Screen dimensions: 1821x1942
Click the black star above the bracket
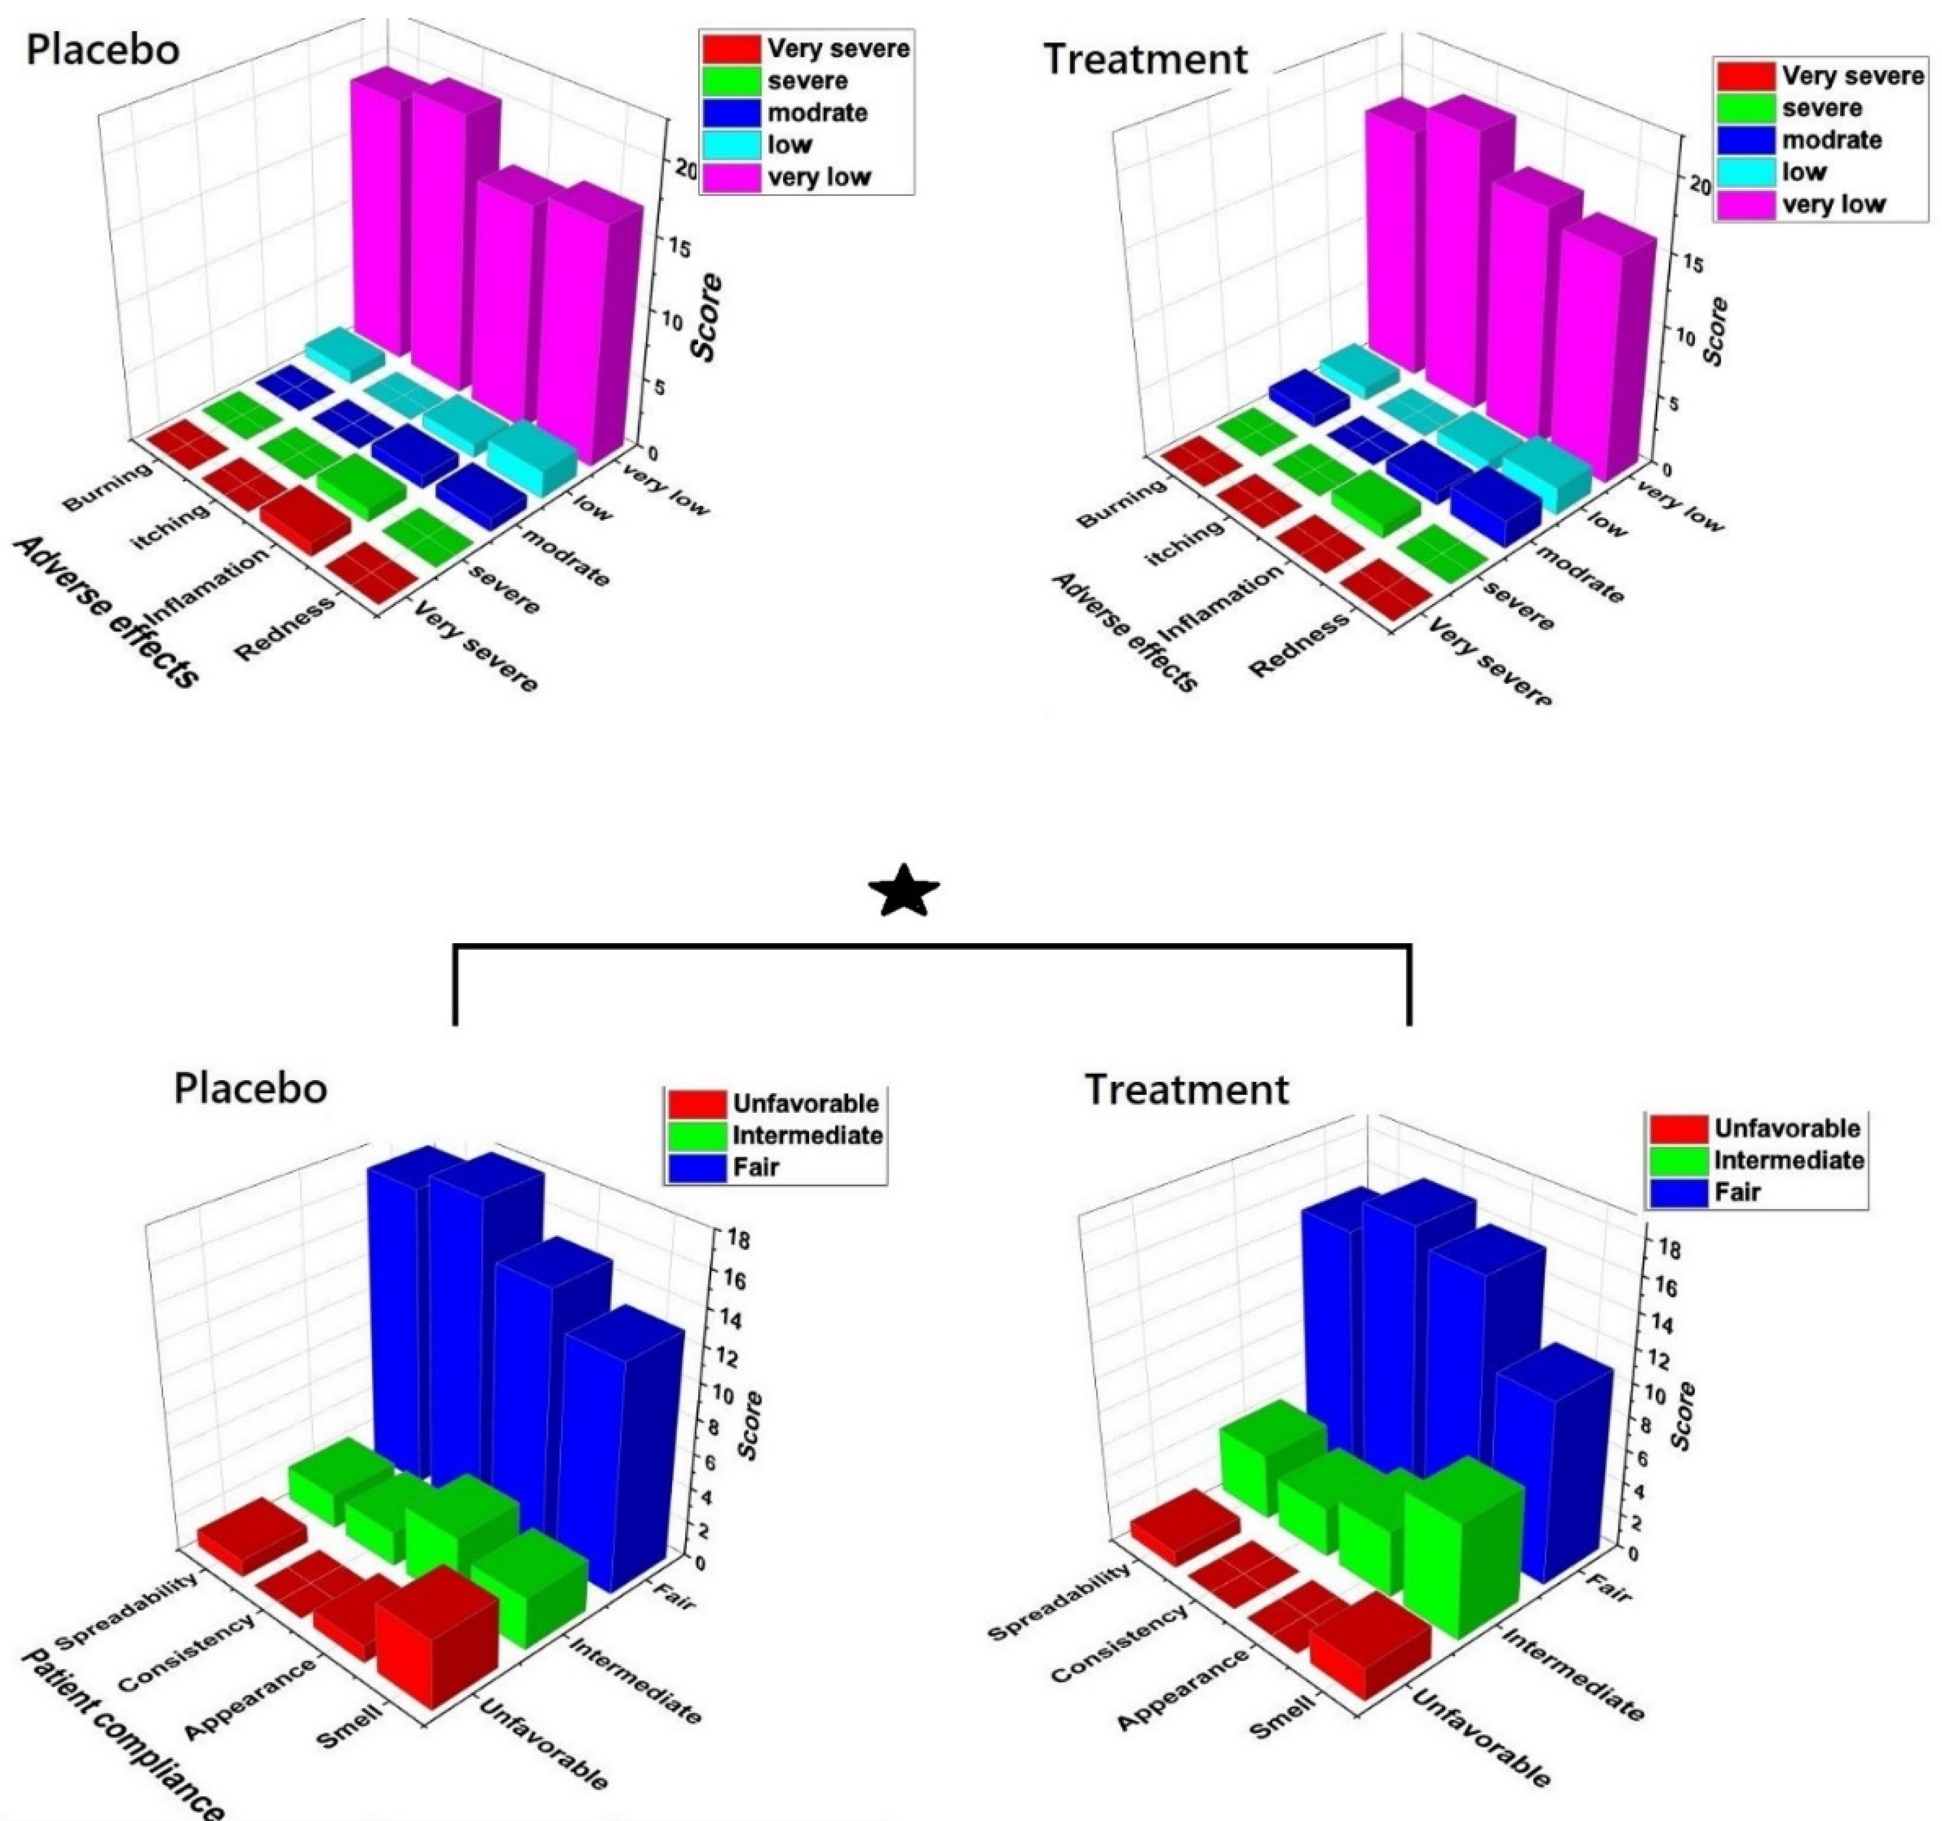(904, 891)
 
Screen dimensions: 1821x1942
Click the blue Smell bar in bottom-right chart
(1553, 1466)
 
